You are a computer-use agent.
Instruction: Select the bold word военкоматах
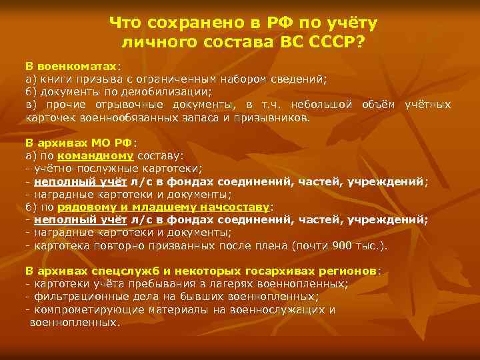77,68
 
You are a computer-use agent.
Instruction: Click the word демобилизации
171,93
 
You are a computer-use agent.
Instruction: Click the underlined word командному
96,155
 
